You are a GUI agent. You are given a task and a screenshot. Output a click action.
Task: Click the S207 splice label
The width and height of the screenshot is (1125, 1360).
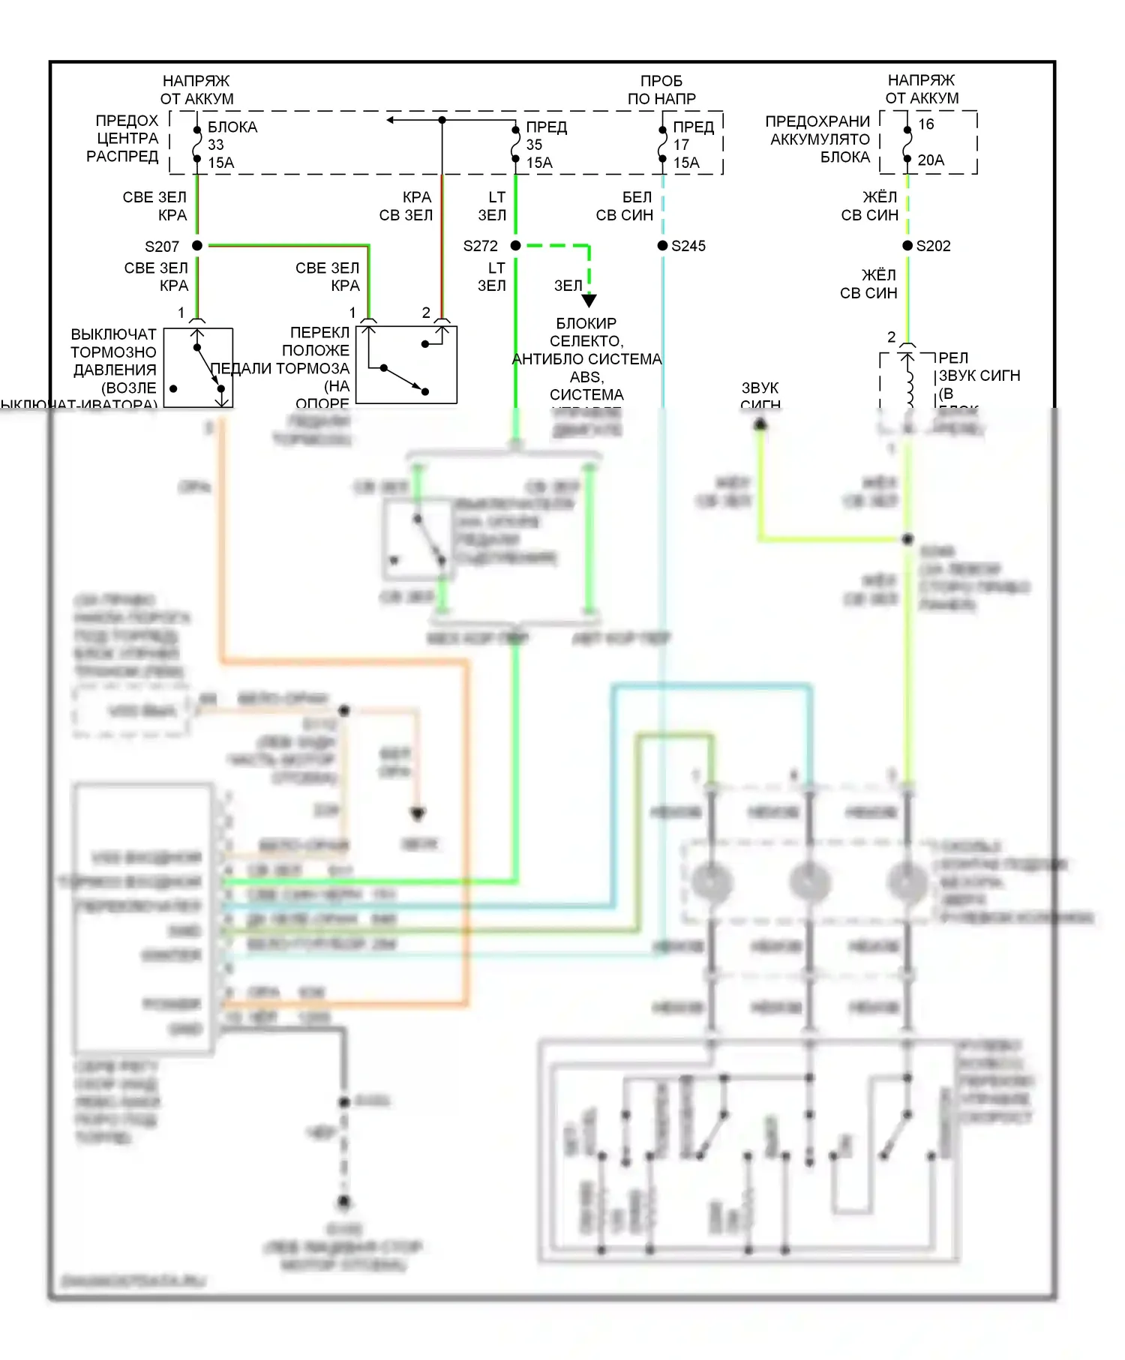[x=162, y=246]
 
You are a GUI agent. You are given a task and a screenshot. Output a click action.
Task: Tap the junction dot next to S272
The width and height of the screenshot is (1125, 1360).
[x=515, y=245]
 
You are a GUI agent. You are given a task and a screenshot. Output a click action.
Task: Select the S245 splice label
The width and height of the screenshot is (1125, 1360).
[x=688, y=246]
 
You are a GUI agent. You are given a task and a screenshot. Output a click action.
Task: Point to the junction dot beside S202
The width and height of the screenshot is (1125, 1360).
[x=907, y=245]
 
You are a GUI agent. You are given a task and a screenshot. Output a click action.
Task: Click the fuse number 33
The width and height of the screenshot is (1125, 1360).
[x=216, y=145]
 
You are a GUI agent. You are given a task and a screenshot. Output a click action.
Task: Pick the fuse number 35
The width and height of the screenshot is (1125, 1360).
[x=534, y=145]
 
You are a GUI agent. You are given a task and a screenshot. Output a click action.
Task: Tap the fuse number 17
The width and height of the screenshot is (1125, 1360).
[x=681, y=145]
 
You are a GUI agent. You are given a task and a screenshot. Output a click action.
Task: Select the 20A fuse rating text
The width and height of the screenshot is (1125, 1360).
[x=931, y=160]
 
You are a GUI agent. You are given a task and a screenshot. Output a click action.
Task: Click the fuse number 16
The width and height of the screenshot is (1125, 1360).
[x=926, y=124]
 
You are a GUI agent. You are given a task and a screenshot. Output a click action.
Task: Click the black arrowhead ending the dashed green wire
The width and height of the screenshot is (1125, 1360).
[x=589, y=301]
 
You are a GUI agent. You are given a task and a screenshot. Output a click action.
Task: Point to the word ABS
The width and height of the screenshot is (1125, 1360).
[x=586, y=377]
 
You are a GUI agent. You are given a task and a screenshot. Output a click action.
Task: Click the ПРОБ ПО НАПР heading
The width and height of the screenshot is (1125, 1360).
[x=661, y=90]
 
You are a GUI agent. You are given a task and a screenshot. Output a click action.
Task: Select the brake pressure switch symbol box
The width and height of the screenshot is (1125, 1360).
[x=198, y=367]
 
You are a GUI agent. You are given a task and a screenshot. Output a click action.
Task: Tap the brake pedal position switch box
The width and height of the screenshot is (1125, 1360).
[x=406, y=364]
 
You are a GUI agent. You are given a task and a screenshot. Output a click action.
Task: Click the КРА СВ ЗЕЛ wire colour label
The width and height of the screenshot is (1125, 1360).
[x=406, y=206]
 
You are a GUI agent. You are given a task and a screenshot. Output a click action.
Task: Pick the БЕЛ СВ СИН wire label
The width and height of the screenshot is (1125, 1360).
[x=624, y=206]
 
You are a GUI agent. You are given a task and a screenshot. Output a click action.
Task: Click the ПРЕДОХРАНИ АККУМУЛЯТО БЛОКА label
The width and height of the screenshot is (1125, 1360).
[x=818, y=139]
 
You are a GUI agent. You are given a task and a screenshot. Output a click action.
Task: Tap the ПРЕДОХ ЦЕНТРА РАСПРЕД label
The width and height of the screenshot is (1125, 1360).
[x=123, y=139]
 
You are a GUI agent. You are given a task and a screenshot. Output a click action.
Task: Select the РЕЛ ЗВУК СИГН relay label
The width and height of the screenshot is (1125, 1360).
[x=979, y=367]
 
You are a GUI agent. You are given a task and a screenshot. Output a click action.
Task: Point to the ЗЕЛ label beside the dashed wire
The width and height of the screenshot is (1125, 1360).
[x=568, y=286]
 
